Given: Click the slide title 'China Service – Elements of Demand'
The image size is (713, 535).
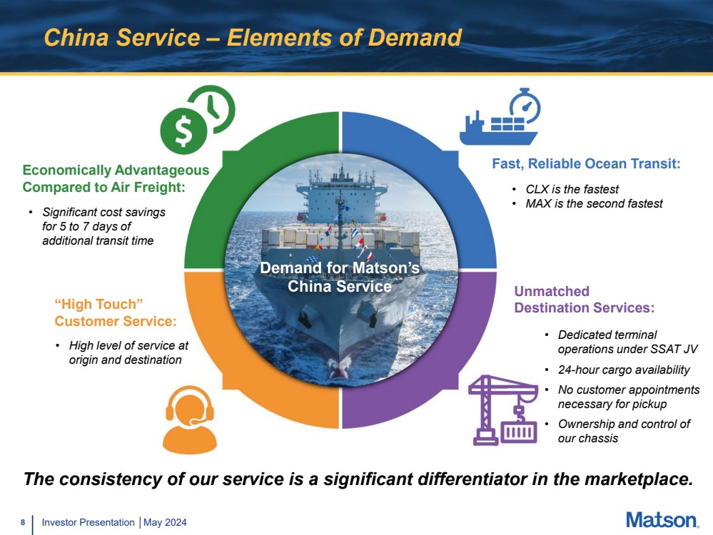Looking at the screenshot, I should click(x=253, y=37).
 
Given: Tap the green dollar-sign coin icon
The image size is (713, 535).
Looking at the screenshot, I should click(x=183, y=130).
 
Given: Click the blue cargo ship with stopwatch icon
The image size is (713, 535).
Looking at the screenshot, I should click(x=500, y=118).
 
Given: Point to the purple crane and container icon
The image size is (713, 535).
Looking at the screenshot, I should click(x=504, y=410).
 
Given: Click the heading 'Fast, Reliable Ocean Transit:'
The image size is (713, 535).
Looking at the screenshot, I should click(x=586, y=164).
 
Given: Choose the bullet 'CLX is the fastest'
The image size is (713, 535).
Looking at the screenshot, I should click(x=572, y=190).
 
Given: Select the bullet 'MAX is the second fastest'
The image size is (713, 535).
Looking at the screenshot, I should click(x=594, y=204).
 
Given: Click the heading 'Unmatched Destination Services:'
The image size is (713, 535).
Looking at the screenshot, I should click(x=584, y=300).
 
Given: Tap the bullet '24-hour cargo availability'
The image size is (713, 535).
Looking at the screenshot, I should click(x=623, y=370).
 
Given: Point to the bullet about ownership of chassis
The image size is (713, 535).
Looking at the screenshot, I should click(x=623, y=431).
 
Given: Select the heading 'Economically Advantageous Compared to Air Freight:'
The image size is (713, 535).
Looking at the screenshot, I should click(x=116, y=178).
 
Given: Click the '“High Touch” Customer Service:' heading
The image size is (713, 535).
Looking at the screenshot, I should click(x=115, y=313).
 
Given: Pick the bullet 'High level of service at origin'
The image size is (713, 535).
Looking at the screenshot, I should click(x=128, y=352).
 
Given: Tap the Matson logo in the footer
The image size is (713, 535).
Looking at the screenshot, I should click(x=662, y=520).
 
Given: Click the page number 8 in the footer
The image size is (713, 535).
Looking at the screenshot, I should click(x=23, y=523).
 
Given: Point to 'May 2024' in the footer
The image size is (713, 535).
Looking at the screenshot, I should click(x=166, y=523).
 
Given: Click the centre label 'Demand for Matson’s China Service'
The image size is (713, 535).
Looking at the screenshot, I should click(x=340, y=277).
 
